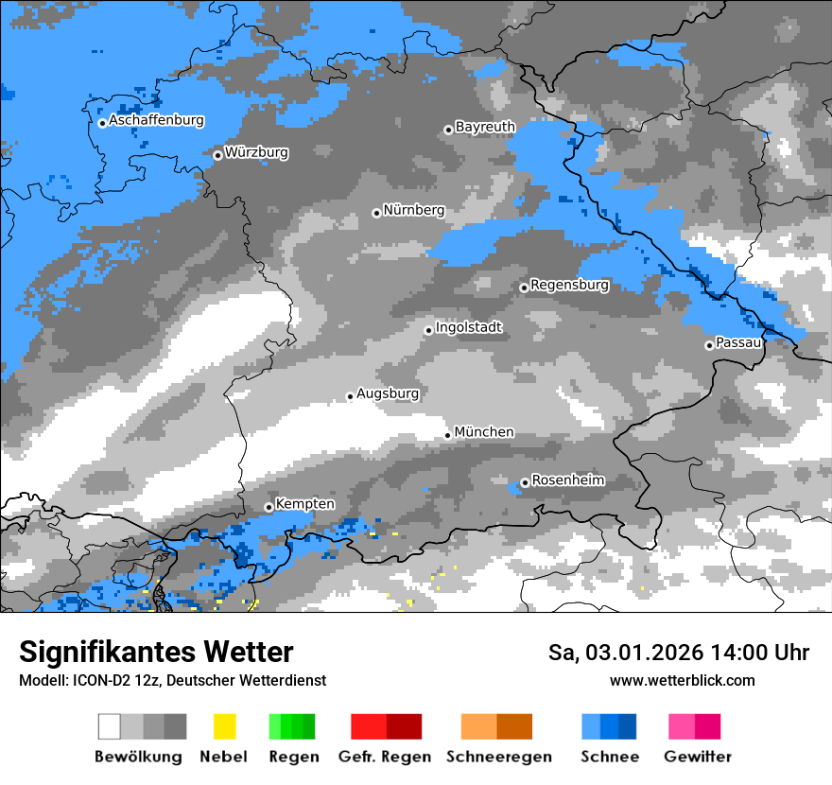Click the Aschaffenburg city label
click(x=156, y=121)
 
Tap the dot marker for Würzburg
click(x=217, y=155)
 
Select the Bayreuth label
click(x=485, y=127)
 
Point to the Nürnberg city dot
click(x=376, y=213)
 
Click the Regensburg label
click(x=569, y=285)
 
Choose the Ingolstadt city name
click(x=469, y=328)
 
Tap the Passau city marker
click(x=709, y=345)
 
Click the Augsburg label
click(x=388, y=393)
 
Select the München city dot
click(x=448, y=435)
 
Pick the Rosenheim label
click(x=567, y=480)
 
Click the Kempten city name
click(x=305, y=504)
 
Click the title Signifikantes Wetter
click(x=156, y=653)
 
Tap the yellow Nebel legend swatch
click(x=224, y=726)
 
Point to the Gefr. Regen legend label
click(x=385, y=757)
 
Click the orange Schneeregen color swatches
click(x=497, y=726)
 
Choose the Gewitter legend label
click(x=698, y=757)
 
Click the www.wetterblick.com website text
click(x=683, y=680)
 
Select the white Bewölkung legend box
click(x=110, y=726)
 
